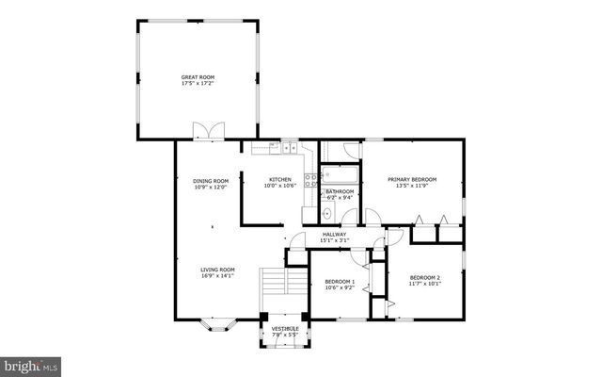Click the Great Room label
coord(198,77)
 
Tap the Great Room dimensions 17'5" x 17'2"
coord(198,84)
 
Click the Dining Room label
coord(211,180)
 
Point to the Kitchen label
coord(280,179)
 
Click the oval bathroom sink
coord(327,215)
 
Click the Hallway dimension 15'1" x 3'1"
coord(335,240)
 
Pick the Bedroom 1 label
coord(340,282)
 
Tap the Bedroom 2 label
coord(424,276)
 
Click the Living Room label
coord(216,270)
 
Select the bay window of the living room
coord(216,327)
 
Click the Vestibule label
coord(285,328)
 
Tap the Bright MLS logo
coord(31,363)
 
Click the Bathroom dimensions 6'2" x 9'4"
coord(340,198)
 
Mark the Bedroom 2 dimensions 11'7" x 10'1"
coord(424,283)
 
